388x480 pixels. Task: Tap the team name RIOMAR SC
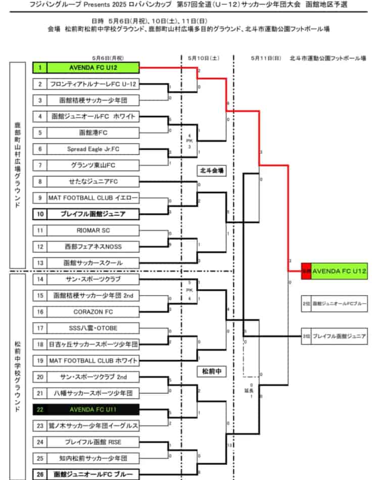coord(93,230)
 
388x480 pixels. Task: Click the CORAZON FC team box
coord(93,312)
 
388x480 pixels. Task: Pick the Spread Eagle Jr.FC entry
coord(93,149)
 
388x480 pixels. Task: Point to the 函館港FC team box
coord(93,133)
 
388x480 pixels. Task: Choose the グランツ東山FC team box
coord(93,165)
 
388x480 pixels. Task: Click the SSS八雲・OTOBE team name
coord(93,328)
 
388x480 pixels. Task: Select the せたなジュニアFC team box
coord(93,181)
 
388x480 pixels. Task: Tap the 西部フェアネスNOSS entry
coord(93,247)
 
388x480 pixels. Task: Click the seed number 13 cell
coord(40,263)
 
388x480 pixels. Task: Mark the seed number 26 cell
coord(40,474)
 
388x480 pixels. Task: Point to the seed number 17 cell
coord(40,328)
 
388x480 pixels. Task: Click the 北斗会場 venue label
coord(211,171)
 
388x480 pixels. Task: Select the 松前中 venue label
coord(211,372)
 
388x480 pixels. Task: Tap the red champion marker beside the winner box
coord(306,271)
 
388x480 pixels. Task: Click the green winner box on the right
coord(339,271)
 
